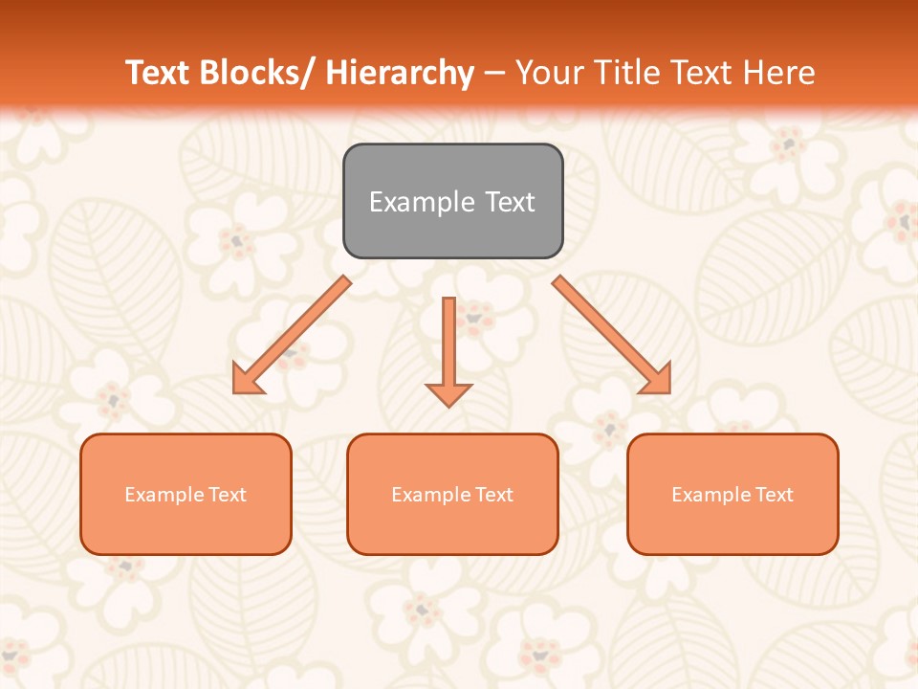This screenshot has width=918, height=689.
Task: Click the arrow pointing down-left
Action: tap(292, 335)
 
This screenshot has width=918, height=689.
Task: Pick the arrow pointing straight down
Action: tap(448, 349)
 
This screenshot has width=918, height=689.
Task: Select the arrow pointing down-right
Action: tap(612, 335)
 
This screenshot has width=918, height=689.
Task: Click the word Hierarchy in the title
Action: tap(400, 73)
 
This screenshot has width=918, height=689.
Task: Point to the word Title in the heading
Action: tap(624, 73)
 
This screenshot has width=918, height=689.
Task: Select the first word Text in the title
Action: tap(159, 73)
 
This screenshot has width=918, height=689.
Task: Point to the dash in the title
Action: tap(494, 73)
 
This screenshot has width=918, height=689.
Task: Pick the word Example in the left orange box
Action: tap(164, 495)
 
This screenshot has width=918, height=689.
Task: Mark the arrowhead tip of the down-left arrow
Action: tap(235, 390)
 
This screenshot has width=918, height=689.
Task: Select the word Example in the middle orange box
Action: tap(430, 495)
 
